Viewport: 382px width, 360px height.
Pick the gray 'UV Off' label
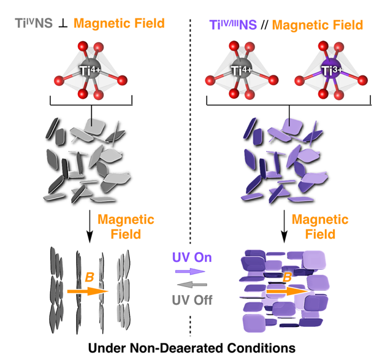click(191, 301)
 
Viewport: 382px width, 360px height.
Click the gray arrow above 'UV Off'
click(191, 285)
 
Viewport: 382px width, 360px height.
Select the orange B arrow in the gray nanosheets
click(86, 291)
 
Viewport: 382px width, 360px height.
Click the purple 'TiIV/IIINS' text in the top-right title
click(234, 25)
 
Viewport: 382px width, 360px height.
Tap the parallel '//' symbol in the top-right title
click(265, 25)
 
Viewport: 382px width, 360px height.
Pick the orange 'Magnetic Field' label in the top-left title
click(119, 24)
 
